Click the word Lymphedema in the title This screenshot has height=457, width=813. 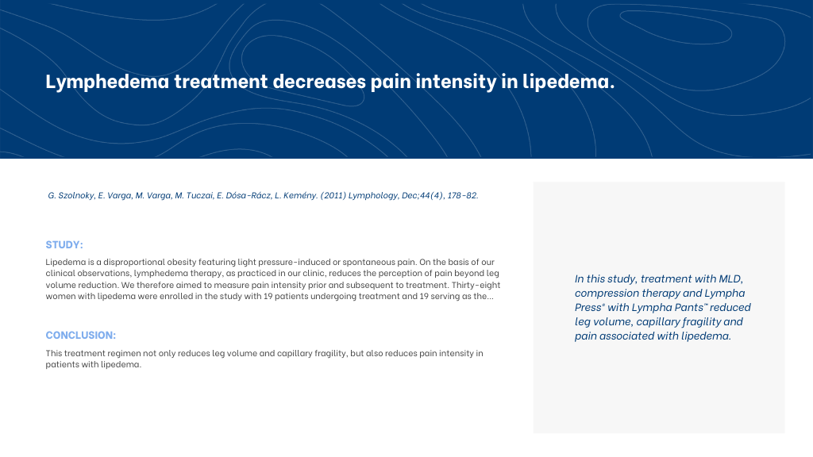point(107,82)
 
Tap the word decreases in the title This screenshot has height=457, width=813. point(319,82)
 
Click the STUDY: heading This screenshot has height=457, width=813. point(64,244)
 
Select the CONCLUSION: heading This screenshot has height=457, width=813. point(81,336)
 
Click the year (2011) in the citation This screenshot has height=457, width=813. point(333,195)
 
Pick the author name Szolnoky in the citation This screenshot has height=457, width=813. point(76,195)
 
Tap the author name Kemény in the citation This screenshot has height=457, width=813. point(300,195)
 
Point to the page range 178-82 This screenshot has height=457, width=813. point(463,195)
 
